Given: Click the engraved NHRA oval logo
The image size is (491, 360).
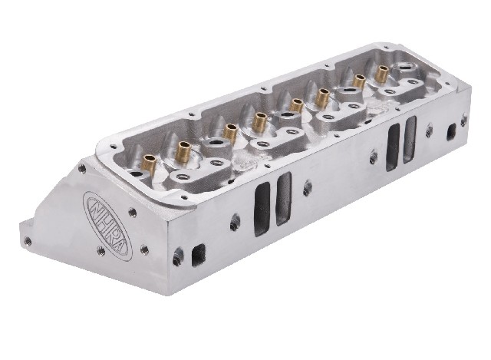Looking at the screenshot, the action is tap(107, 223).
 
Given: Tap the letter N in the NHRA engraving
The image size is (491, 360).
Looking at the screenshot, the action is tap(94, 206).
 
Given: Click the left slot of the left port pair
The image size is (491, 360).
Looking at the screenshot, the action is tap(262, 209).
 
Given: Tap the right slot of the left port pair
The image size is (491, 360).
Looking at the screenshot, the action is tap(283, 199).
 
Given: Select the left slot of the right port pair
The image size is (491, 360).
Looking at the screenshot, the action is tap(393, 147).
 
